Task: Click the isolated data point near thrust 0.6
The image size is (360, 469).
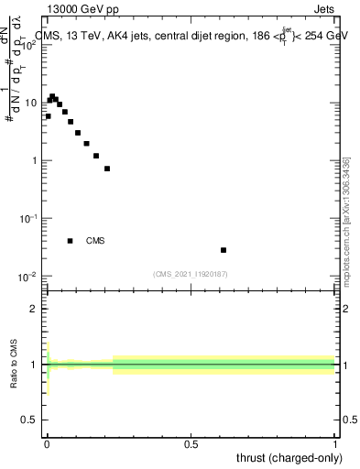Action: [x=224, y=250]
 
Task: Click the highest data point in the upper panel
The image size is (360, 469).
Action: [x=52, y=96]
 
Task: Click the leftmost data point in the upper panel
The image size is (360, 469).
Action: [x=48, y=116]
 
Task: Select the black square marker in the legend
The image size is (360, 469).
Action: [x=71, y=241]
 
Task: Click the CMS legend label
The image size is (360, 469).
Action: [x=95, y=241]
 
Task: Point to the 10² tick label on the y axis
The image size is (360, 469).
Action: [x=27, y=45]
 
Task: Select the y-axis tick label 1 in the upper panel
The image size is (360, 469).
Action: [x=35, y=161]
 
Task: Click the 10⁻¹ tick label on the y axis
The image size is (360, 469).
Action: [x=27, y=218]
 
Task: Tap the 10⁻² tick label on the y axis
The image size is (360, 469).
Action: [x=27, y=276]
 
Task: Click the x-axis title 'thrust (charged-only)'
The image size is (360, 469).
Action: [x=289, y=457]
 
